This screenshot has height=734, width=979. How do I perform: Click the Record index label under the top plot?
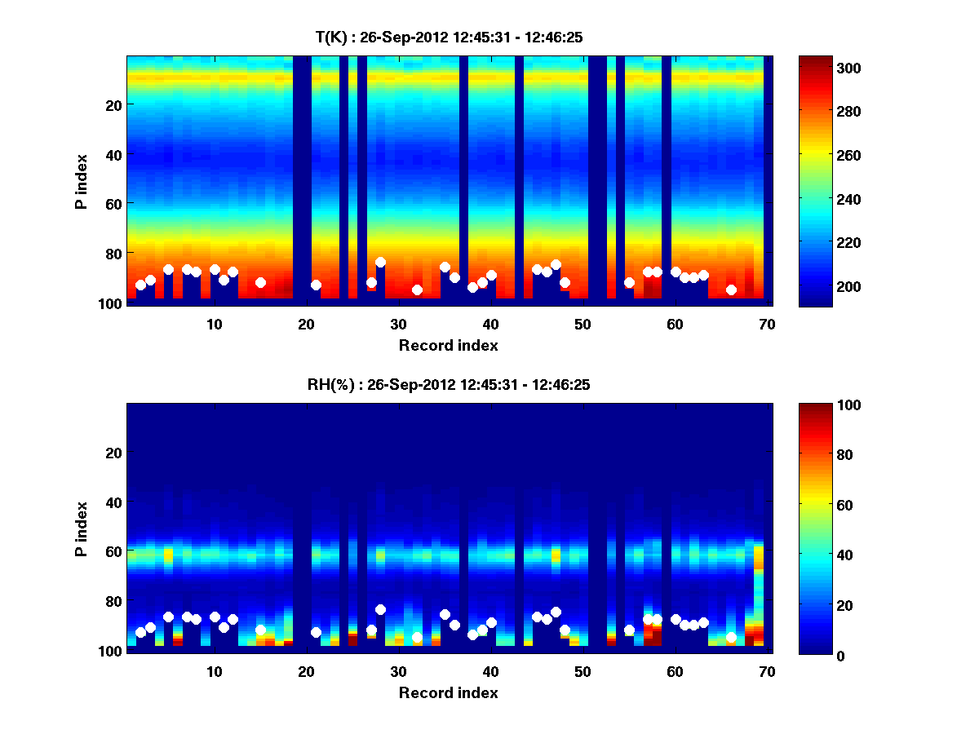[x=448, y=346]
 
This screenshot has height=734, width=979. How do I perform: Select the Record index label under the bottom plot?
[x=448, y=693]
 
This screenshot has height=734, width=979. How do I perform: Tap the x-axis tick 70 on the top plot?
[x=767, y=324]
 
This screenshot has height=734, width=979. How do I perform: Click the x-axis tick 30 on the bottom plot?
[x=398, y=671]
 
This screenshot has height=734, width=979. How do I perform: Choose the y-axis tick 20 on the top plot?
[x=113, y=105]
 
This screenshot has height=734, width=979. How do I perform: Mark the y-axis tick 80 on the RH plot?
[x=113, y=602]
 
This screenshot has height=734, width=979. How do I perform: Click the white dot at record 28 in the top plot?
[x=380, y=263]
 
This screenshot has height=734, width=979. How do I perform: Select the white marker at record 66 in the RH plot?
[x=731, y=638]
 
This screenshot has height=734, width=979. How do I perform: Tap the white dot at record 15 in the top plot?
[x=260, y=282]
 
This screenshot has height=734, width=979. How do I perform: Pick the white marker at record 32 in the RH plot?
[x=417, y=638]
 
